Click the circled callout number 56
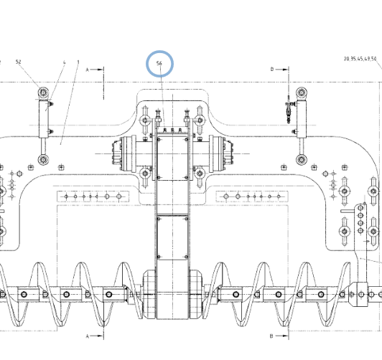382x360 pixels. pos(159,63)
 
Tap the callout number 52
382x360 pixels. pos(18,62)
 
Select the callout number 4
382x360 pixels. pos(65,62)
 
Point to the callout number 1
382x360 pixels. pos(78,62)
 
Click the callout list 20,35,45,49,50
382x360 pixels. pos(360,59)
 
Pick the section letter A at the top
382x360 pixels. pos(88,70)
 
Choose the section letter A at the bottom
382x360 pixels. pos(88,336)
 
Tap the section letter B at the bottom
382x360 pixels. pos(271,336)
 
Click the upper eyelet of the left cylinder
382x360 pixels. pos(43,93)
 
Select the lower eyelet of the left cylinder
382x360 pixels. pos(43,160)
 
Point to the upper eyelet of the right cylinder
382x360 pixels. pos(302,93)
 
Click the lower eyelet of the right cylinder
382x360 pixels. pos(302,160)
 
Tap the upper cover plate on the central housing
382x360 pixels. pos(173,158)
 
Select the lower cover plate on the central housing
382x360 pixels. pos(173,237)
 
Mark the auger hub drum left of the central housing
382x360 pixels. pos(149,294)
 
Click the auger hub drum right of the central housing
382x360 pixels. pos(196,294)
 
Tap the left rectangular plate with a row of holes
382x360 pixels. pos(93,196)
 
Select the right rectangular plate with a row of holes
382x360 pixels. pos(252,196)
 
